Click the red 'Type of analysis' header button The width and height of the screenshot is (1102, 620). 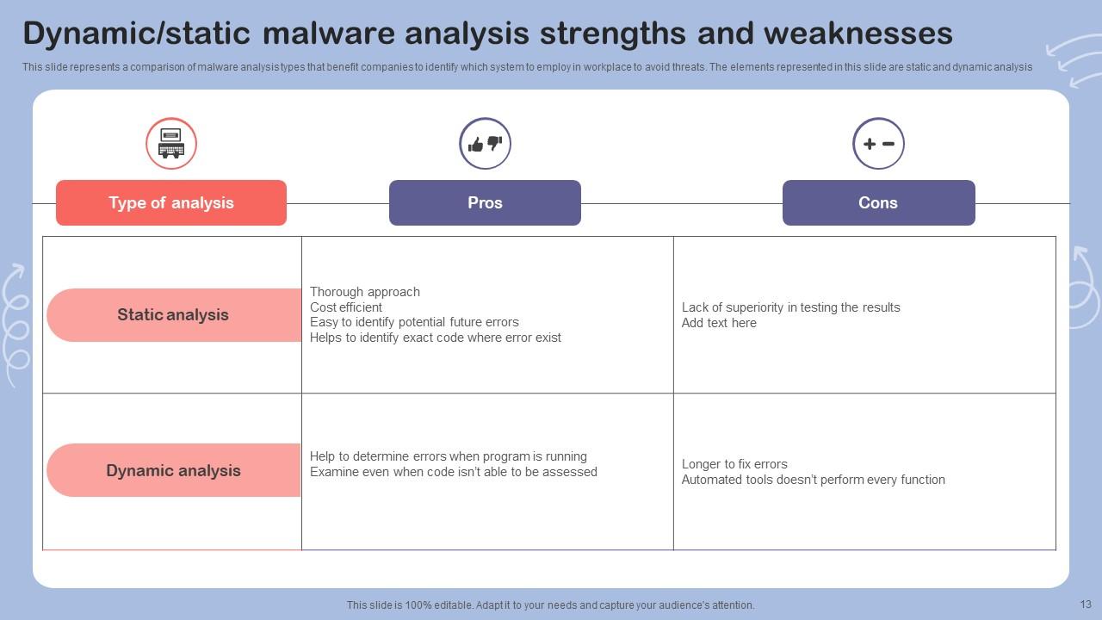171,202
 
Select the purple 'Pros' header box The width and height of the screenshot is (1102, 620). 485,202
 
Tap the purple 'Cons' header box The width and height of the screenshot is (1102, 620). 879,202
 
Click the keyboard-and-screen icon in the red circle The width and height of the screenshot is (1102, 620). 171,143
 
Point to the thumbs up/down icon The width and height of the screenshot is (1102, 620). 485,144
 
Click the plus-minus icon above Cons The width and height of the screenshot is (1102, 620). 879,144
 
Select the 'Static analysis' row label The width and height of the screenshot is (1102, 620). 174,315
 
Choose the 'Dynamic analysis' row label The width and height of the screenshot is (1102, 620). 174,470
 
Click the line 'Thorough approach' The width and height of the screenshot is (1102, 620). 364,292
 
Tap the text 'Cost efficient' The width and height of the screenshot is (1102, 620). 346,307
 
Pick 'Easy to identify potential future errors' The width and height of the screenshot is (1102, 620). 414,322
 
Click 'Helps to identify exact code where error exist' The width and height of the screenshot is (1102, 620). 436,338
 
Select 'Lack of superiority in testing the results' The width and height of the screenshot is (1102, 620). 790,307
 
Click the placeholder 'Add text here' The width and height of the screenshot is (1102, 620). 719,323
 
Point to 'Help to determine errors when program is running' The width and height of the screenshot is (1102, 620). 449,456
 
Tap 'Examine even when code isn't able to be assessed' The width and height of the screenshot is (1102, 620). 453,472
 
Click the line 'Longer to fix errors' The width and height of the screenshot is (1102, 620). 734,464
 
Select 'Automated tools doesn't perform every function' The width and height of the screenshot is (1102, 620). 814,480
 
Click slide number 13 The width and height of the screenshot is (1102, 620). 1086,604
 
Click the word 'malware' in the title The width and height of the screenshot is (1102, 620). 329,34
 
